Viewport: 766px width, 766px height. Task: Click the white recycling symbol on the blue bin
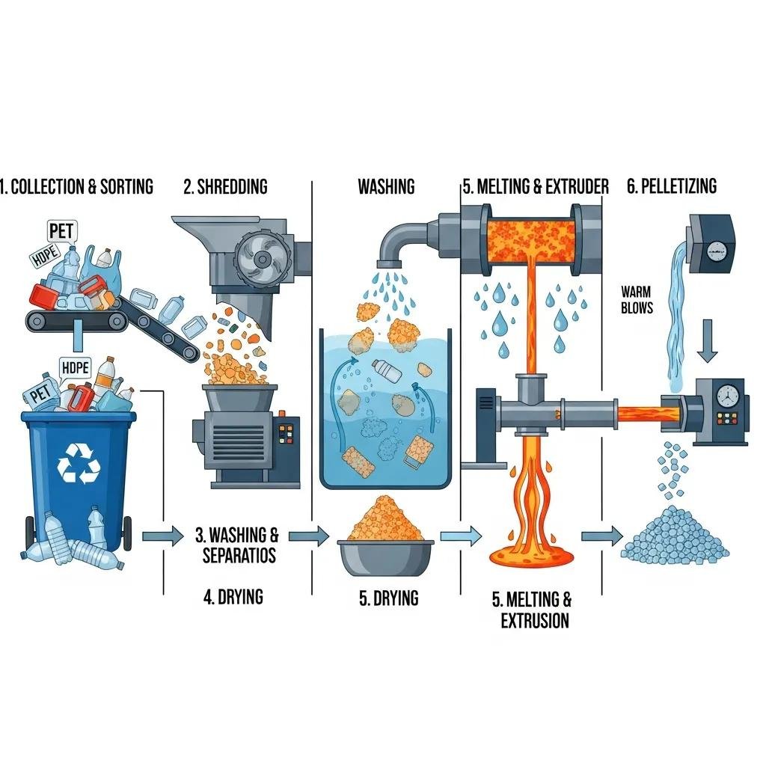79,462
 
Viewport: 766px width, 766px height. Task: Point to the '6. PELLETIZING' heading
671,186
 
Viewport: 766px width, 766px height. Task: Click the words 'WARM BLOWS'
637,299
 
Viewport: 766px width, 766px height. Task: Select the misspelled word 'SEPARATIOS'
239,556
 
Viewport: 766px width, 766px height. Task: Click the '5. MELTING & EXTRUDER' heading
535,186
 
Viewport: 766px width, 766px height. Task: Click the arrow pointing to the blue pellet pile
602,536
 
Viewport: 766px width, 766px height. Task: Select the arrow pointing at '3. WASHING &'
162,536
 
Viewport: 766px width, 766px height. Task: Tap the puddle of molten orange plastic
531,555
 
